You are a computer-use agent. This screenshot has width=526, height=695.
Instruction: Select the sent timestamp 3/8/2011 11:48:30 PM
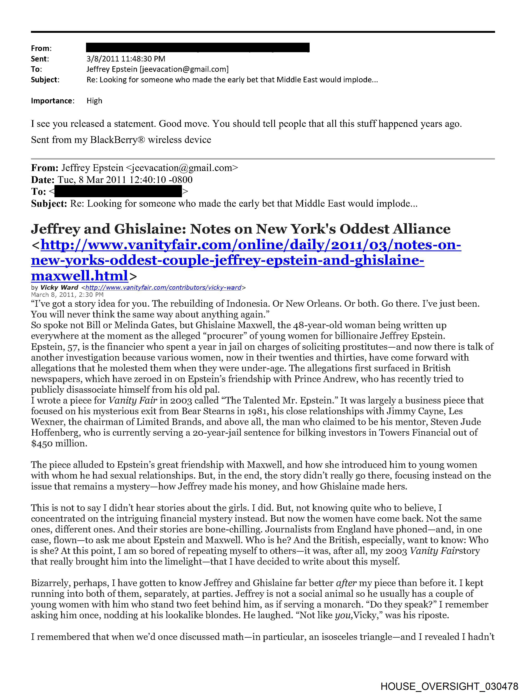pyautogui.click(x=126, y=59)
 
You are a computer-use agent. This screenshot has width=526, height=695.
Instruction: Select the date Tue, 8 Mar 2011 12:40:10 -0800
pyautogui.click(x=125, y=180)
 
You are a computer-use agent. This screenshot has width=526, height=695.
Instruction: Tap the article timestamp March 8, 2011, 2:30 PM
pyautogui.click(x=67, y=295)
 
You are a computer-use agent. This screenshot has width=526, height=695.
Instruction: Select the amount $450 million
pyautogui.click(x=59, y=443)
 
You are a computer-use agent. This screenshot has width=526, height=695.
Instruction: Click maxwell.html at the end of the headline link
pyautogui.click(x=79, y=276)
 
